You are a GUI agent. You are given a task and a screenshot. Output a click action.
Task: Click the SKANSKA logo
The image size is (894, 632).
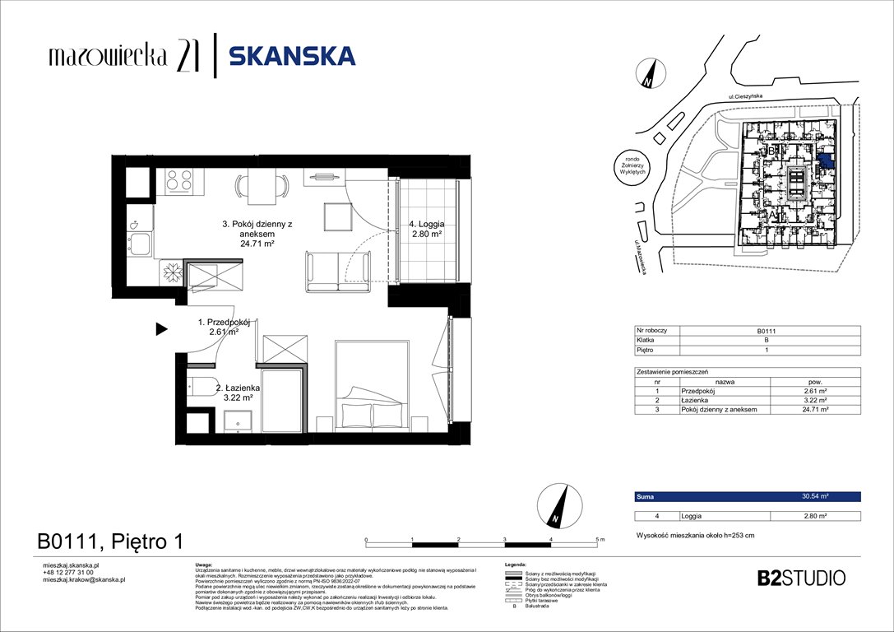(292, 56)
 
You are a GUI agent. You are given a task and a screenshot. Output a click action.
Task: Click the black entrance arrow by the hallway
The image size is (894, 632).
(162, 330)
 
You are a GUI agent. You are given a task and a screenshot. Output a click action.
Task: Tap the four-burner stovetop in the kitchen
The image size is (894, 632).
(180, 179)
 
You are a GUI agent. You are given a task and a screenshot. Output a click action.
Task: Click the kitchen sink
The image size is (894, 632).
(140, 244)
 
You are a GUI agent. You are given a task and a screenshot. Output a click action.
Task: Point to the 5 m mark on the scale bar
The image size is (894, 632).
(597, 539)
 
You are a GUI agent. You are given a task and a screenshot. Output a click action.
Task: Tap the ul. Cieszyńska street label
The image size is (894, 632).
(744, 97)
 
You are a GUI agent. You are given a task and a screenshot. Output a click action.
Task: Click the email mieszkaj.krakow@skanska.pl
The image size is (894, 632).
(84, 579)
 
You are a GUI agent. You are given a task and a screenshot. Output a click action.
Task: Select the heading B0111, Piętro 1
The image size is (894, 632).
(109, 541)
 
